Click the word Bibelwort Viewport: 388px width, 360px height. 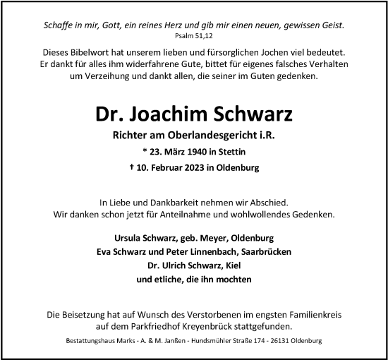[x=88, y=53]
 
